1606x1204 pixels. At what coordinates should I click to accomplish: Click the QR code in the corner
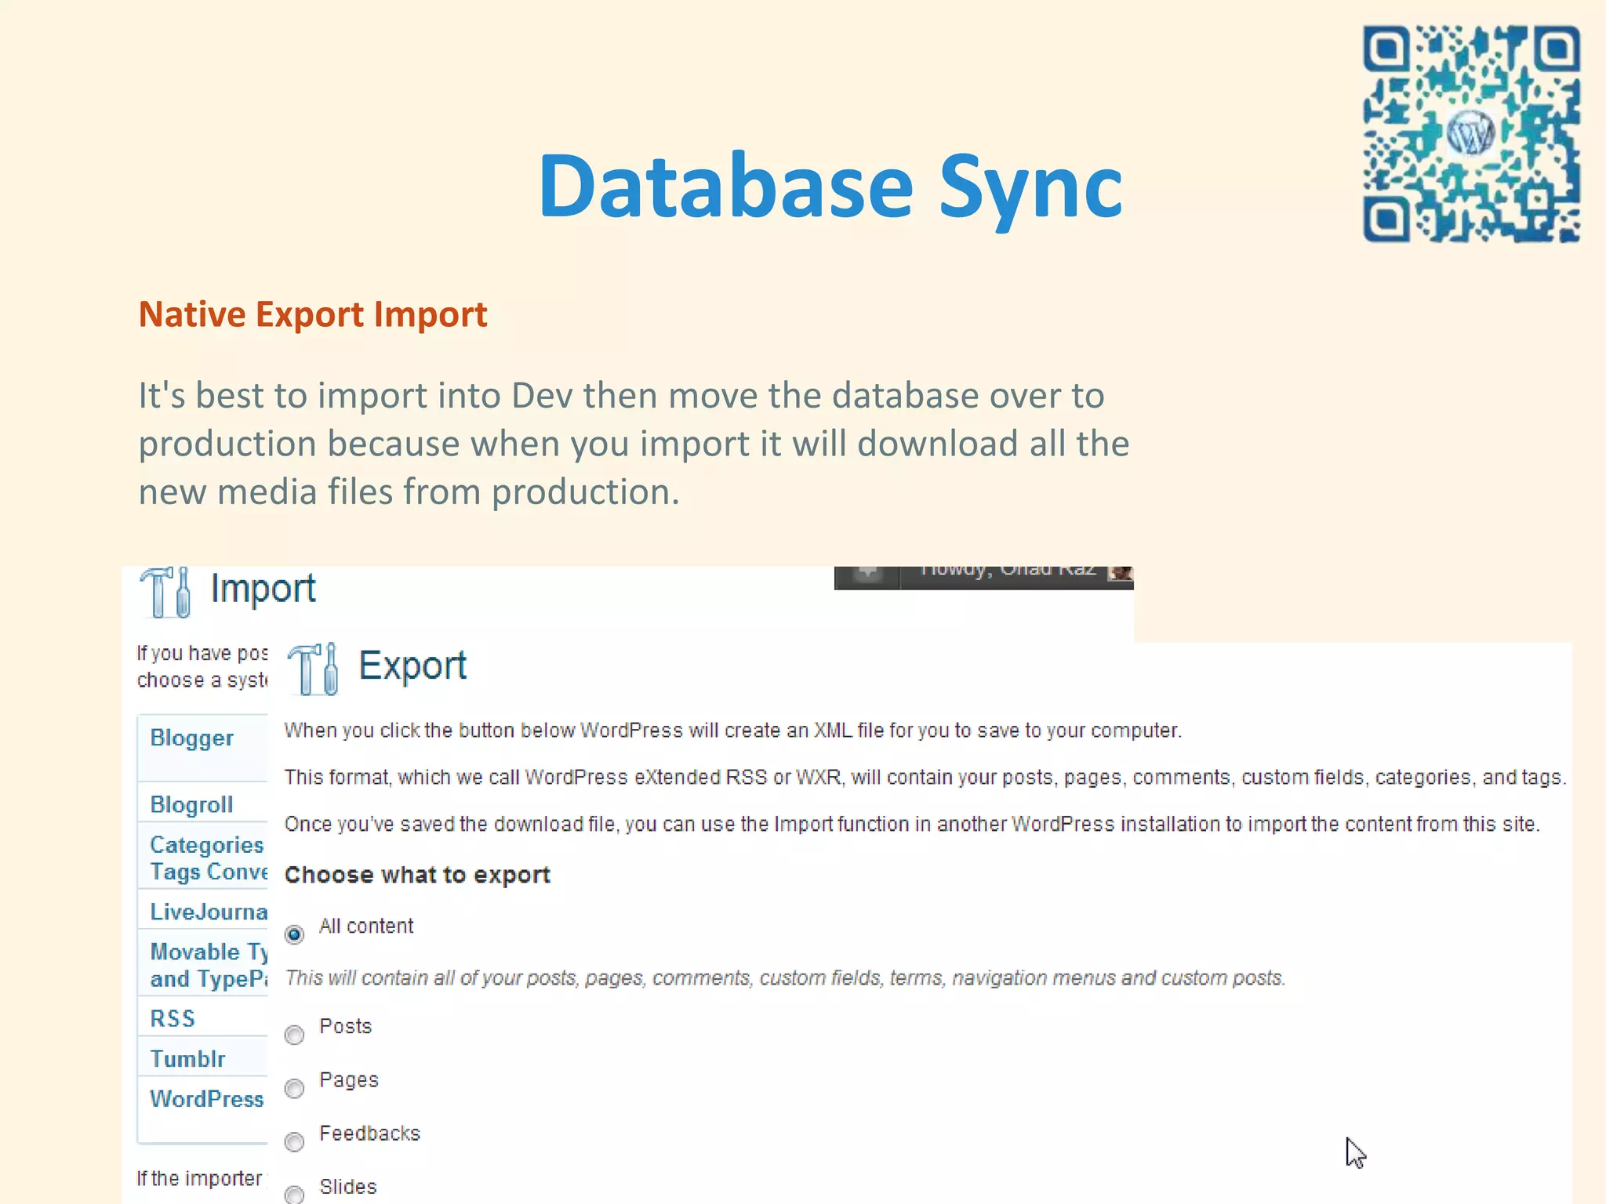[x=1471, y=133]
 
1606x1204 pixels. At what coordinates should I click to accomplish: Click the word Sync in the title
[x=1030, y=187]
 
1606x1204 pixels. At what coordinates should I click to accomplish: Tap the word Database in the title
[x=725, y=187]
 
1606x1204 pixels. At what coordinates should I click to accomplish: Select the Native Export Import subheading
[x=313, y=314]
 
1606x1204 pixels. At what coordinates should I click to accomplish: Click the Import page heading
[x=263, y=589]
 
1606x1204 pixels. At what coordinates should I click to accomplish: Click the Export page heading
[x=412, y=666]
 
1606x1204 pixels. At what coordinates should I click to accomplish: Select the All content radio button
[x=295, y=934]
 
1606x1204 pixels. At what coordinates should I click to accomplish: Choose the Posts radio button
[x=295, y=1035]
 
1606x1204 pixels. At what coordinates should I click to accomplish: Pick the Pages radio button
[x=295, y=1088]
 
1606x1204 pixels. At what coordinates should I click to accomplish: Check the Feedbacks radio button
[x=295, y=1141]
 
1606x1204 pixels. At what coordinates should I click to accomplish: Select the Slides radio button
[x=295, y=1194]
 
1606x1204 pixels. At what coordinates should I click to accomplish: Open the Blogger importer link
[x=192, y=738]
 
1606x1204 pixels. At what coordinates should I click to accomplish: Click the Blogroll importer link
[x=192, y=805]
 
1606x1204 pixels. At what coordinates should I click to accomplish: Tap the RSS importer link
[x=173, y=1018]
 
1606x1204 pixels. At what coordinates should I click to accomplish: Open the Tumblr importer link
[x=188, y=1059]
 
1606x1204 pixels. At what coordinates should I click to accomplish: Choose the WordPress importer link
[x=207, y=1099]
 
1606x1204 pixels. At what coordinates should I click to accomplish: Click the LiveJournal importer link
[x=209, y=912]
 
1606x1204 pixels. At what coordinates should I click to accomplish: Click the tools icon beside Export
[x=314, y=669]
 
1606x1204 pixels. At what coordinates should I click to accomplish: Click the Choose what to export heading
[x=417, y=875]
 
